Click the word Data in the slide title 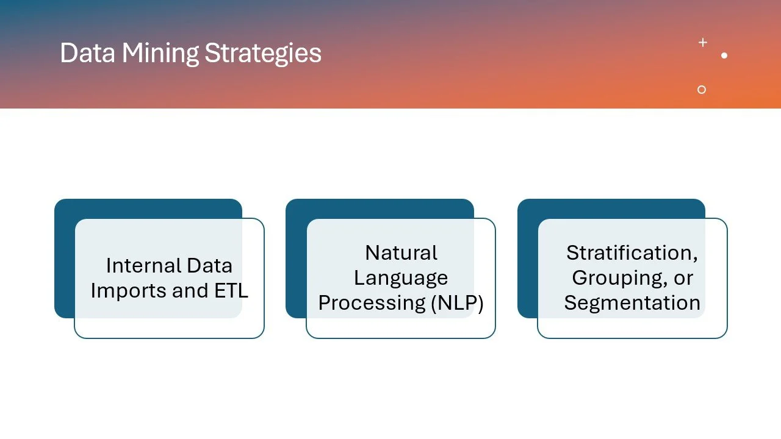tap(88, 53)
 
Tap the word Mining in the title tap(160, 53)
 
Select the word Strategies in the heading tap(263, 53)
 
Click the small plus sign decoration tap(703, 43)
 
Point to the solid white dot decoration tap(724, 55)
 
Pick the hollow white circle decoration tap(702, 90)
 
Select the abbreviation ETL tap(231, 291)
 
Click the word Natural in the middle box tap(401, 252)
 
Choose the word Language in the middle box tap(401, 278)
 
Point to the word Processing tap(372, 303)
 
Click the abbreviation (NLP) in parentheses tap(457, 303)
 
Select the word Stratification tap(632, 252)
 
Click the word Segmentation tap(632, 303)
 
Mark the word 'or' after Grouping tap(683, 278)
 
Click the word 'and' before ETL tap(190, 291)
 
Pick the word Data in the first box tap(209, 266)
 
